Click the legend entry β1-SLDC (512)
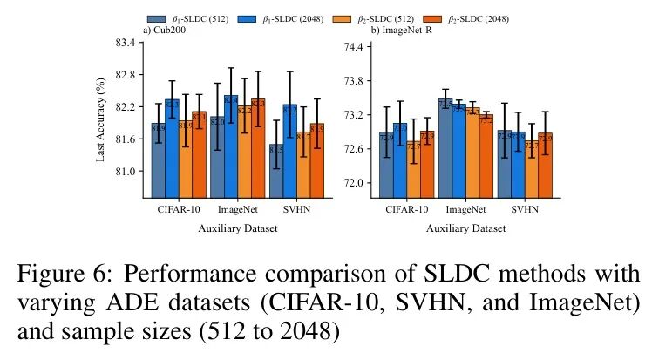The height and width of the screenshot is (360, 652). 188,18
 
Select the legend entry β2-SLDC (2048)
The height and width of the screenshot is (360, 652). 465,18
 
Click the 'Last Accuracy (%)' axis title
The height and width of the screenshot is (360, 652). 101,119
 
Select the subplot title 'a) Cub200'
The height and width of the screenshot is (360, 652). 163,31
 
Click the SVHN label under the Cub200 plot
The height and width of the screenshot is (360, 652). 296,210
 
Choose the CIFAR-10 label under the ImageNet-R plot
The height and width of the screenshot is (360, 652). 407,210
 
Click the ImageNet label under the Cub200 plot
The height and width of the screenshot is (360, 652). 237,210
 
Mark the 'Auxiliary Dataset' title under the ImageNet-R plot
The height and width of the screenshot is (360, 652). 466,229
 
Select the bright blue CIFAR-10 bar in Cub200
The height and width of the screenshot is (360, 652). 172,148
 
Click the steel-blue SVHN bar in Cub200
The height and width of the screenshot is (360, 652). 275,171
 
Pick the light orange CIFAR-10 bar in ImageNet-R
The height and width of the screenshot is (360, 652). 413,169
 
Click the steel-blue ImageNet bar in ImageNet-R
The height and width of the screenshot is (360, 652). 445,148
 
